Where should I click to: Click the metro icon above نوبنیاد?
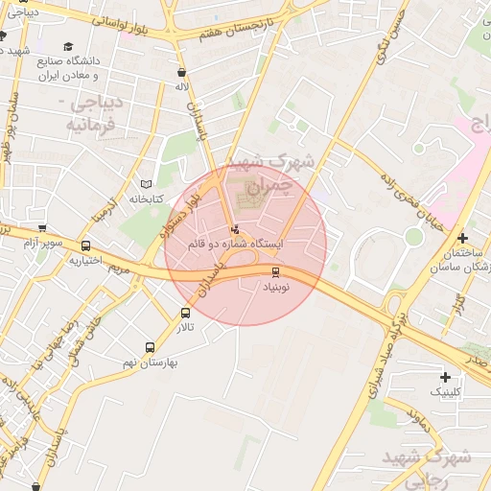point(276,272)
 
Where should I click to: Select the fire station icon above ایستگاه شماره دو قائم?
point(236,230)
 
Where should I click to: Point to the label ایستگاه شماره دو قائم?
point(235,245)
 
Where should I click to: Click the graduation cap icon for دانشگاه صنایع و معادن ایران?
point(67,46)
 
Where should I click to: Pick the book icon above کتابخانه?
point(146,184)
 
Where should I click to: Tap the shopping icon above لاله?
point(181,72)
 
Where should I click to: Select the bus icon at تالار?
point(185,313)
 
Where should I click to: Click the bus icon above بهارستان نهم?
point(149,347)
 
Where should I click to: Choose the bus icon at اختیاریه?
point(85,245)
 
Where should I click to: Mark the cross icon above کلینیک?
point(444,377)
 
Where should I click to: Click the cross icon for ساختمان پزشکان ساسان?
point(462,238)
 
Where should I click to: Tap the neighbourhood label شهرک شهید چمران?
point(288,173)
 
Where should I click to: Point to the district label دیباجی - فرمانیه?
point(93,112)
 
